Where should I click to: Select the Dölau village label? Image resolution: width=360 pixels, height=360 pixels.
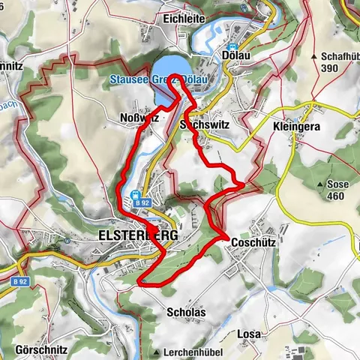tap(235, 55)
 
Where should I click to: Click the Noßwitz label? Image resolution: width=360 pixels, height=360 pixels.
tap(137, 118)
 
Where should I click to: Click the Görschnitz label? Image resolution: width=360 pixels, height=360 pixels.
tap(40, 349)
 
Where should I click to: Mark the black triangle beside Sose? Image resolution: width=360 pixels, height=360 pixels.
tap(320, 184)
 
